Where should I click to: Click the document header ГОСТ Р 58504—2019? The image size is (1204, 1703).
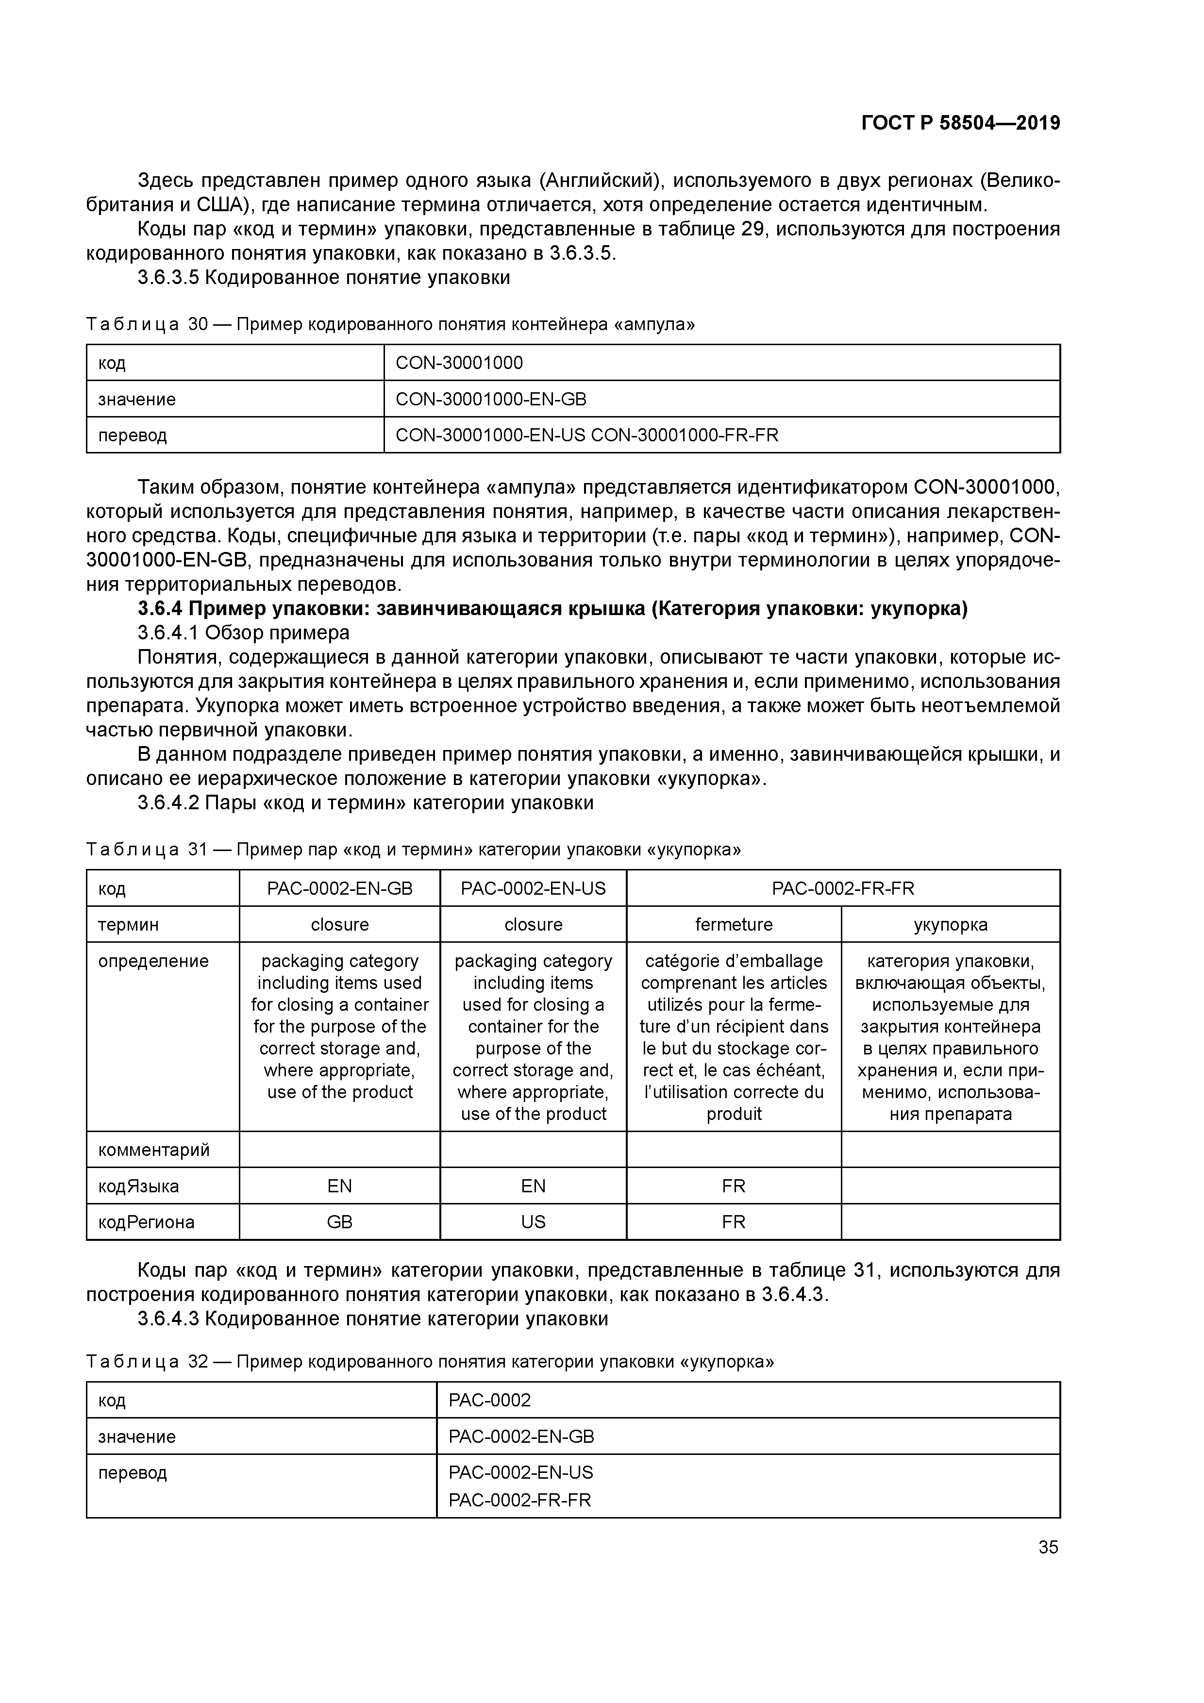coord(960,123)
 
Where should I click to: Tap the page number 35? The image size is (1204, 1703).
coord(1048,1547)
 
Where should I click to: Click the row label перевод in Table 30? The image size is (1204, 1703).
coord(133,435)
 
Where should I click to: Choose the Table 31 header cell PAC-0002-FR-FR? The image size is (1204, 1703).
coord(843,888)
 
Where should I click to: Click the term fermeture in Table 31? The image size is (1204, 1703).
coord(733,924)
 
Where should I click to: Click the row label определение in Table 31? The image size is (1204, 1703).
coord(153,961)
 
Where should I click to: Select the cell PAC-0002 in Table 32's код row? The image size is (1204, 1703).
coord(490,1401)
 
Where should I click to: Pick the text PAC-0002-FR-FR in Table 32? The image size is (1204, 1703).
coord(519,1500)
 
